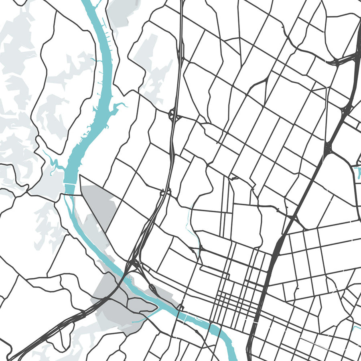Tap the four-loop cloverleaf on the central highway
[x=173, y=115]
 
